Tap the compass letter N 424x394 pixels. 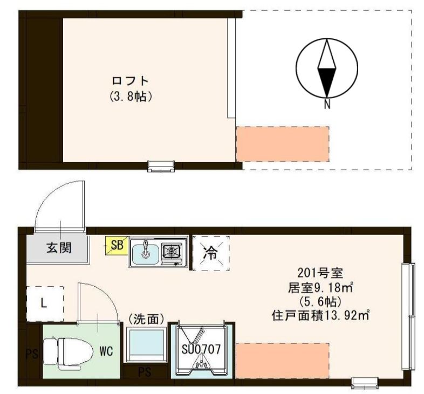327,105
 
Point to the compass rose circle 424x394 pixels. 327,68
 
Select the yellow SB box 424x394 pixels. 117,245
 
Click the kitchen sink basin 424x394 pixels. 145,252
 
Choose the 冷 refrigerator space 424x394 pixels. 211,253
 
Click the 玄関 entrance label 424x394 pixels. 59,249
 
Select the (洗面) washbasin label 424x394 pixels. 146,319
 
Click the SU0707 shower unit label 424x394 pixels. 201,349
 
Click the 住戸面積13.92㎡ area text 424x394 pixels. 320,314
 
